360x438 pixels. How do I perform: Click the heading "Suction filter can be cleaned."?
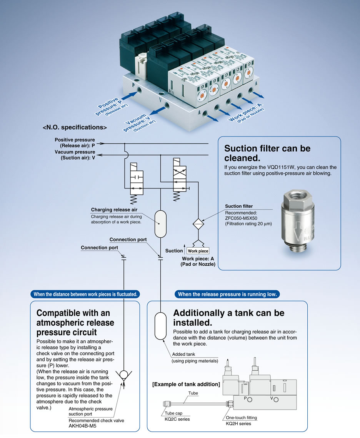click(x=267, y=153)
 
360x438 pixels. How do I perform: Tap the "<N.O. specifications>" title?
click(x=75, y=127)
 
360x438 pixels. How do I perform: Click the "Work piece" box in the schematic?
click(x=198, y=251)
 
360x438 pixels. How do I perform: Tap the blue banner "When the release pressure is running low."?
click(x=227, y=294)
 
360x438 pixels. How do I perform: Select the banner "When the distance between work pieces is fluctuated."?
click(x=85, y=294)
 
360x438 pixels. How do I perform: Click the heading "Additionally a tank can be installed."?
click(x=228, y=318)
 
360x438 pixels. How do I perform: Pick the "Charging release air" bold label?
click(x=114, y=210)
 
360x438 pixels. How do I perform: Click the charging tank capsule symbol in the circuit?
click(x=160, y=223)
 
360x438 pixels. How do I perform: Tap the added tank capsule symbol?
click(x=160, y=326)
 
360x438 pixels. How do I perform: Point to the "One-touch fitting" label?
click(x=241, y=418)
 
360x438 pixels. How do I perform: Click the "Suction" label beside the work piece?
click(x=174, y=251)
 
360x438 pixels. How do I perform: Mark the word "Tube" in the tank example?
click(x=193, y=393)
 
